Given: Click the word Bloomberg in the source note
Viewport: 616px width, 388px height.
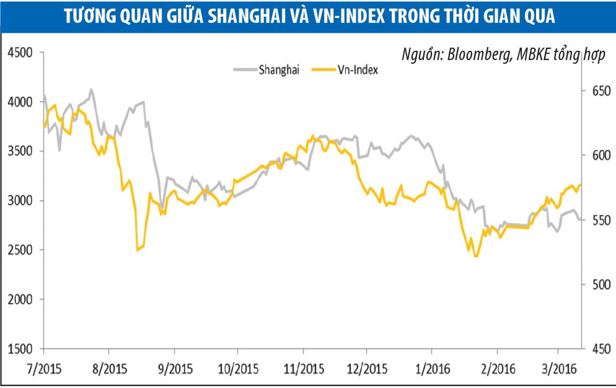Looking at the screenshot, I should coord(472,54).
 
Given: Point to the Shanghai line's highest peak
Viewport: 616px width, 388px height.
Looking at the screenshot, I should coord(92,89).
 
